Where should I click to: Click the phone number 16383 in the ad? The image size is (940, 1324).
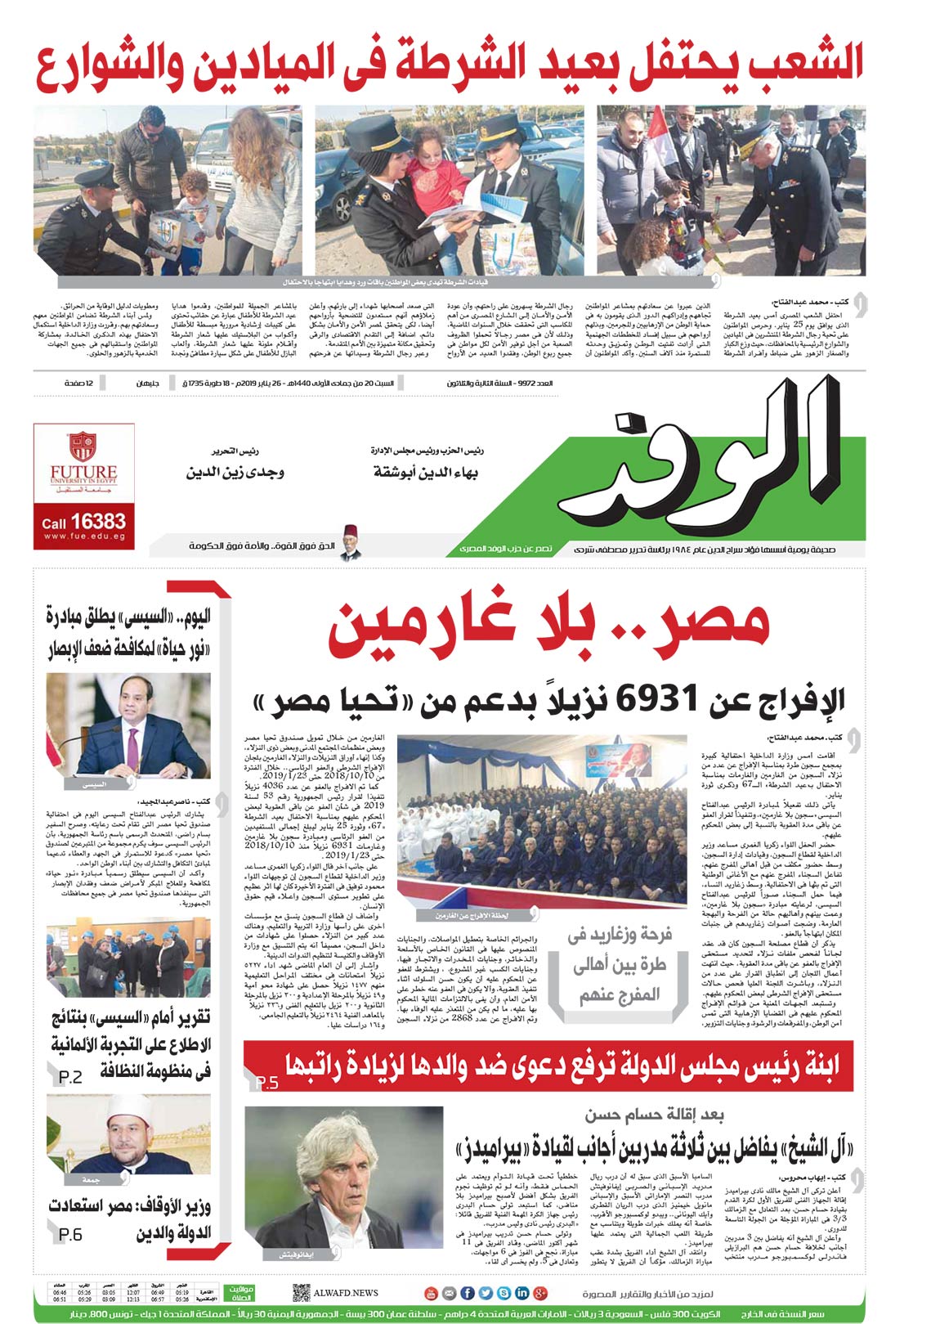click(97, 521)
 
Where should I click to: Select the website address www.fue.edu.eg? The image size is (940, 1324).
click(84, 536)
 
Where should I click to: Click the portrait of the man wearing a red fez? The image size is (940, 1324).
click(351, 541)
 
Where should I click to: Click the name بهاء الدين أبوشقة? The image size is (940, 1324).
click(425, 473)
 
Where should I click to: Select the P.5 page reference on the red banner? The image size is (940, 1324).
click(266, 1084)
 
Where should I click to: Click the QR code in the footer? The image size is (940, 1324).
click(301, 1293)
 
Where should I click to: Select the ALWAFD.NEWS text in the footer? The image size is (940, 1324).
click(347, 1293)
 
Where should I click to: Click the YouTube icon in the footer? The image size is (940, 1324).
click(432, 1293)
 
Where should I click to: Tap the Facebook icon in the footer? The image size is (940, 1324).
click(468, 1293)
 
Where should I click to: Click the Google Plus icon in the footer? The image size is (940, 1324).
click(539, 1293)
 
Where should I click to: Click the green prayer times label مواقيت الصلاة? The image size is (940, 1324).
click(239, 1293)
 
